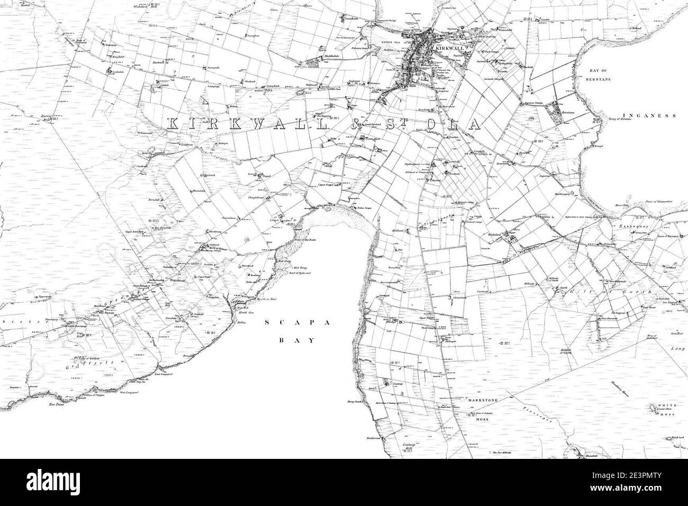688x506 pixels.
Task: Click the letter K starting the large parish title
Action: click(174, 124)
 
